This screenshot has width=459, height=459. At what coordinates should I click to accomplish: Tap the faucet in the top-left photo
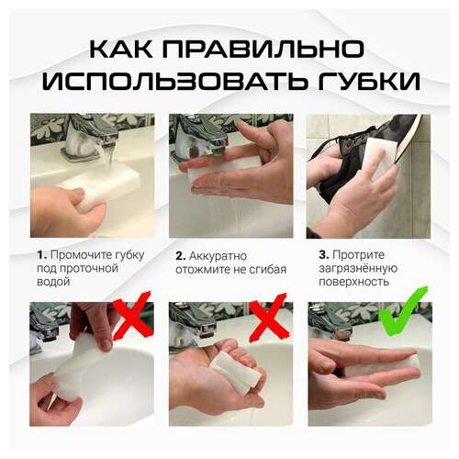click(x=92, y=136)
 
